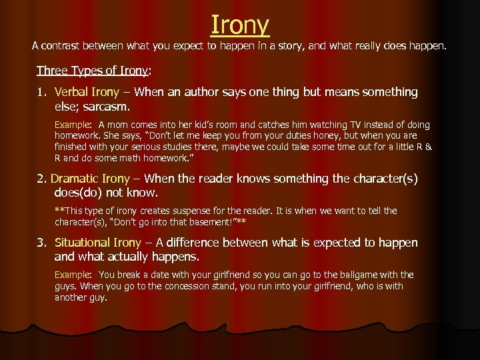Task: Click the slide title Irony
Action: [240, 25]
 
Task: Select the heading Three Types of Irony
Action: [93, 71]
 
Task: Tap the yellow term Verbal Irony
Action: [87, 92]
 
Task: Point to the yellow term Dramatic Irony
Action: [90, 179]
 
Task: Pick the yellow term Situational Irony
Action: [97, 243]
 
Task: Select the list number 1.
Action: [41, 92]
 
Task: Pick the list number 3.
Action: [41, 243]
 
